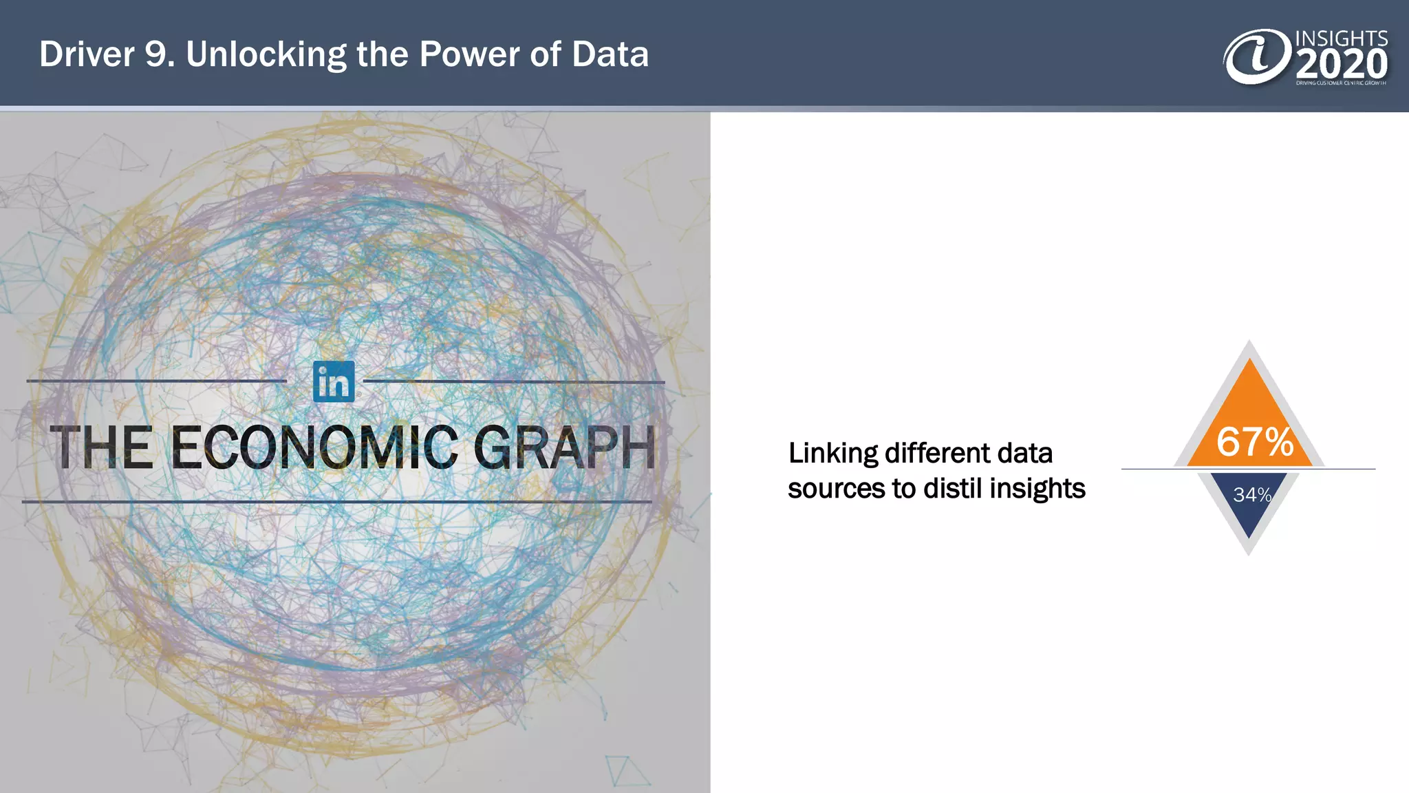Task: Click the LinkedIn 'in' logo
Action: pyautogui.click(x=334, y=381)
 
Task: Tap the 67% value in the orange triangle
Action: pyautogui.click(x=1255, y=442)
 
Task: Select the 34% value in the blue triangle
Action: pyautogui.click(x=1251, y=495)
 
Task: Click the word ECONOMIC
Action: pyautogui.click(x=314, y=448)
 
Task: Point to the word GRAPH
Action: pyautogui.click(x=564, y=448)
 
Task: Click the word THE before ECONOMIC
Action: pyautogui.click(x=102, y=448)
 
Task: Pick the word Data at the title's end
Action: pyautogui.click(x=610, y=54)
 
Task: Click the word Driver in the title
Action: pyautogui.click(x=87, y=54)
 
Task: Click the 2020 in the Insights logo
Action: pyautogui.click(x=1342, y=65)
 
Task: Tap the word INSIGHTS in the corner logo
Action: pyautogui.click(x=1341, y=38)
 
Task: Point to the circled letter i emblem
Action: pyautogui.click(x=1257, y=57)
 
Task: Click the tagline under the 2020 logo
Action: pyautogui.click(x=1341, y=83)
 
